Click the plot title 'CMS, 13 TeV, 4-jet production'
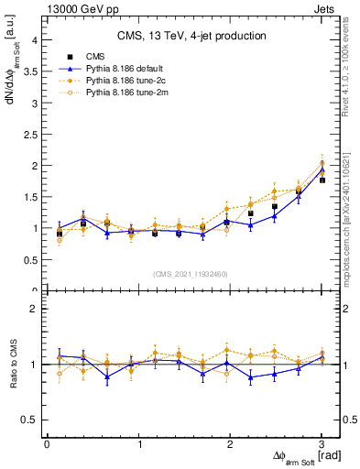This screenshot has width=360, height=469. tap(191, 36)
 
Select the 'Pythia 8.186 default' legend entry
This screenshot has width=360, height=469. tap(119, 69)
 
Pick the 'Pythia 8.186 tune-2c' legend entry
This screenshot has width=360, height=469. tap(120, 81)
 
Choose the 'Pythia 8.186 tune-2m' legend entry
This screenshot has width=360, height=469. tap(120, 93)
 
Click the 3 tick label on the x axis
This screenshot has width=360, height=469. tap(322, 444)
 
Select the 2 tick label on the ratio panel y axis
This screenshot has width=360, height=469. tap(34, 310)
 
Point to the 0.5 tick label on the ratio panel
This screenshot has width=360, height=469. tap(30, 420)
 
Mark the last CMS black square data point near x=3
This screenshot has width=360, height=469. tap(322, 180)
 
